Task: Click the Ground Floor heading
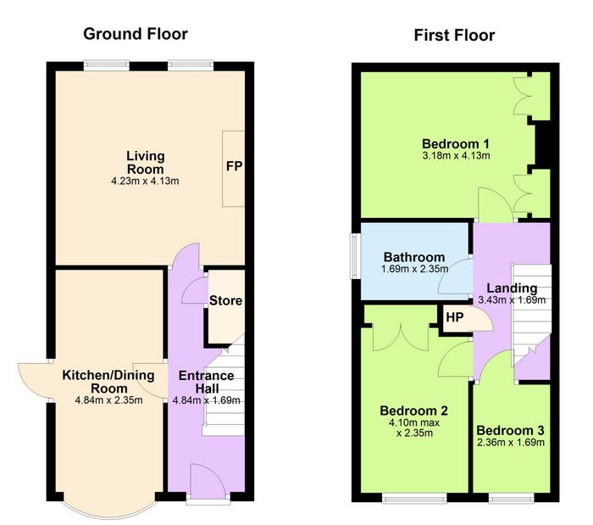[136, 34]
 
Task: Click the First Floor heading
[454, 36]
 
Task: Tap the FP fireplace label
[234, 165]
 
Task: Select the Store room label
[226, 300]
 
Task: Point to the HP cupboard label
[455, 317]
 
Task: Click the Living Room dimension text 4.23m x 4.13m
[145, 181]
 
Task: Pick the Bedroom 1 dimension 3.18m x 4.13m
[456, 155]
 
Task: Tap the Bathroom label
[414, 257]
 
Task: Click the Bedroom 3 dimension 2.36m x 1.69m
[511, 443]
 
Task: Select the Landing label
[512, 288]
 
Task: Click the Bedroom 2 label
[413, 411]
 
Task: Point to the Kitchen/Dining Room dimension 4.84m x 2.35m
[108, 400]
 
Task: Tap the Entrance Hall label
[206, 382]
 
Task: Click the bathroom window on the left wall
[354, 256]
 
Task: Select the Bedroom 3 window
[511, 498]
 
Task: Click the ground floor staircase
[224, 385]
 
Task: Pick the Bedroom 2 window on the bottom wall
[414, 498]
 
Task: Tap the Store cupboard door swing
[195, 291]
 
